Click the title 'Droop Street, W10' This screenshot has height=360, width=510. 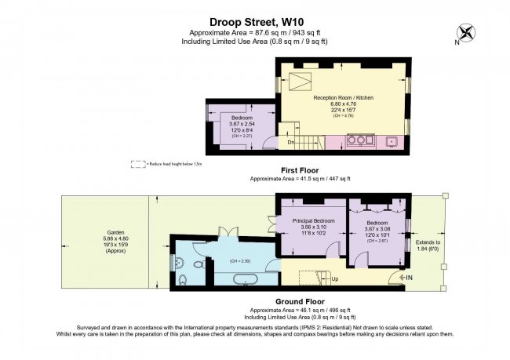pos(254,22)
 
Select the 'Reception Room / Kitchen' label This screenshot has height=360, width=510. pos(343,97)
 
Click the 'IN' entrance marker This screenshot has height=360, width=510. pos(406,278)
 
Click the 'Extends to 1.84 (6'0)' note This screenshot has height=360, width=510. pos(428,246)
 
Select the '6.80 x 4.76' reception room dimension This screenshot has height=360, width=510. pos(343,104)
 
